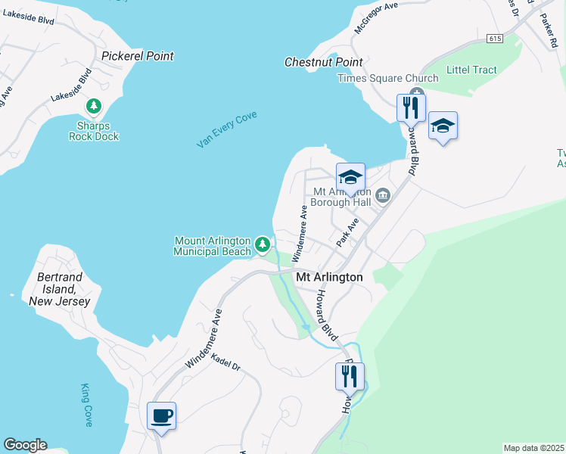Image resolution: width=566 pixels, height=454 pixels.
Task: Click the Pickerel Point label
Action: [137, 56]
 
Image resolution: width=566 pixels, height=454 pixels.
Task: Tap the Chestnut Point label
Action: [323, 62]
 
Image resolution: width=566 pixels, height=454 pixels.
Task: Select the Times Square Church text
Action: [387, 79]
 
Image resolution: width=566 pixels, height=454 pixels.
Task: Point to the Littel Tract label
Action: [471, 70]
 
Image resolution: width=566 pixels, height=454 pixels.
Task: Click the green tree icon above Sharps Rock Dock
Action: [94, 106]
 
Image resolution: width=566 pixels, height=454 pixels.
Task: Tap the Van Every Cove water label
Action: [227, 129]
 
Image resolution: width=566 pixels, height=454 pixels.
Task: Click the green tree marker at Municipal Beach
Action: [262, 244]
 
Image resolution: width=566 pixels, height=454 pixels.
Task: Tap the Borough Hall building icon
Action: [383, 196]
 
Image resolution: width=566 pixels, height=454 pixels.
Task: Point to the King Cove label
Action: [87, 405]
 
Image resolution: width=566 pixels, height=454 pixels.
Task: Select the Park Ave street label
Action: [347, 232]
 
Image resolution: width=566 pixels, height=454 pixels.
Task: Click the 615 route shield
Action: [496, 39]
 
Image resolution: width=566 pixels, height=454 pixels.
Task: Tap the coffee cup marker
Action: [161, 415]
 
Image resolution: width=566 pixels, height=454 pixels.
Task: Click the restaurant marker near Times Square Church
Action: [411, 107]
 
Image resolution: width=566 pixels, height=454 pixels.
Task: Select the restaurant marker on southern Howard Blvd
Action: [350, 376]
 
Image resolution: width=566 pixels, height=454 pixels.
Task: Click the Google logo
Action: [24, 445]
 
